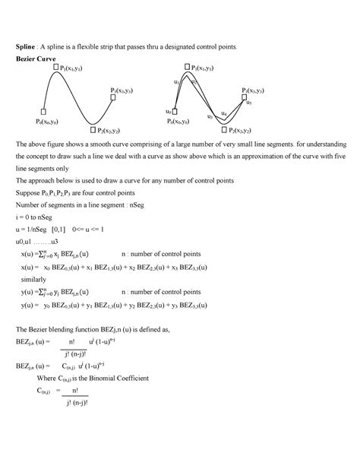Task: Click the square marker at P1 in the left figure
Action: (56, 68)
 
